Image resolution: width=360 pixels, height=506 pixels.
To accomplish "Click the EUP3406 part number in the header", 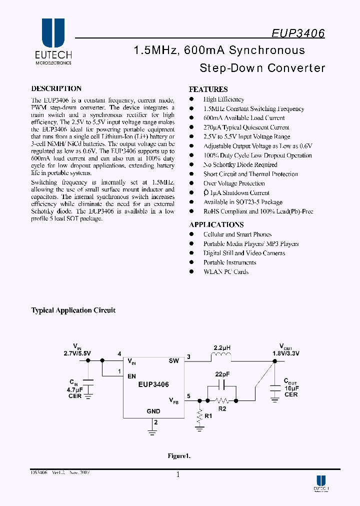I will pos(298,33).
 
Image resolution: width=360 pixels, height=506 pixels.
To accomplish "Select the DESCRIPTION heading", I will pos(56,88).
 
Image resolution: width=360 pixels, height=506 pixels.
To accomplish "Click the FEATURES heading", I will pos(208,89).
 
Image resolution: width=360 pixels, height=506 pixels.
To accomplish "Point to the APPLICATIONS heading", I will pos(216,225).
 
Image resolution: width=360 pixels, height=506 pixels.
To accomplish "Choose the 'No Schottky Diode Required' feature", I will pos(240,165).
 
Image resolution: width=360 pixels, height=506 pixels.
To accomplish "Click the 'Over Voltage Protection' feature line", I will pos(234,183).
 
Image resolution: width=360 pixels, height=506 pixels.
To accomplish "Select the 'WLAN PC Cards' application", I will pos(225,272).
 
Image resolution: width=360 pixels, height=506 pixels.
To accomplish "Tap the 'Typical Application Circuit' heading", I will pos(73,310).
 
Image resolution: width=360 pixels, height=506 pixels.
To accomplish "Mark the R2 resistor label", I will pos(222,409).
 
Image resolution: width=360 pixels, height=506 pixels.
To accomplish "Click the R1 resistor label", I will pos(209,415).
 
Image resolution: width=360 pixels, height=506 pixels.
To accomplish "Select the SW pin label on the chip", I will pos(173,360).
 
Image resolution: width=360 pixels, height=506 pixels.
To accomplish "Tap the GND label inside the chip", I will pos(153,411).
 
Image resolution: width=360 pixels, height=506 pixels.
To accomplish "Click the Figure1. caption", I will pos(179,456).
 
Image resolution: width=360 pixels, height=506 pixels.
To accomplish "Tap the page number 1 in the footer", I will pos(178,475).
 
